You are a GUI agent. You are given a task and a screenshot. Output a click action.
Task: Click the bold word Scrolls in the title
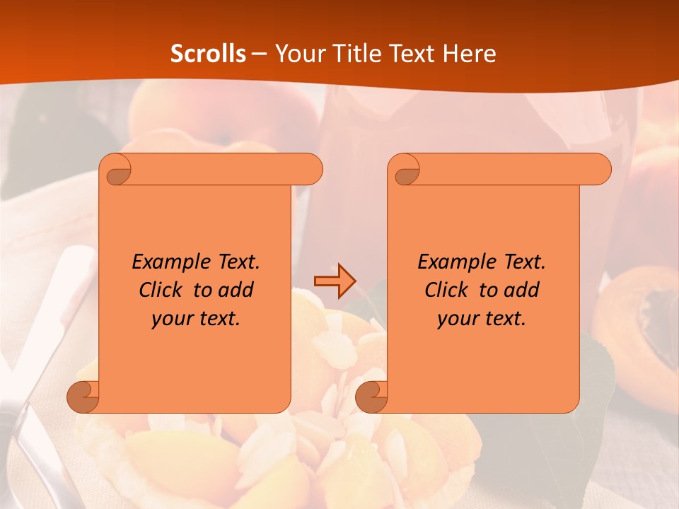[x=208, y=54]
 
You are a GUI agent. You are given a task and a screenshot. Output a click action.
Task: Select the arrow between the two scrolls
[x=335, y=281]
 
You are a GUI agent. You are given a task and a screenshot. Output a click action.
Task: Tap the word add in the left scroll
[x=236, y=290]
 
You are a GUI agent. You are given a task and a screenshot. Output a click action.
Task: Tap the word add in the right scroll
[x=521, y=290]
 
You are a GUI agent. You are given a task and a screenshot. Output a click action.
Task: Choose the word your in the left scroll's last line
[x=172, y=319]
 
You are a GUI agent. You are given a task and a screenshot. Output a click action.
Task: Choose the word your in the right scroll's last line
[x=458, y=319]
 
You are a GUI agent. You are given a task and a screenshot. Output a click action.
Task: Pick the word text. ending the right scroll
[x=506, y=319]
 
